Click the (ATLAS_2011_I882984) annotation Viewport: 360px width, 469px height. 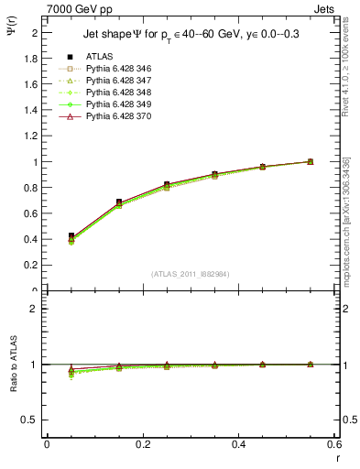pos(190,273)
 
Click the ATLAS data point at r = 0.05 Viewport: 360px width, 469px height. pos(71,236)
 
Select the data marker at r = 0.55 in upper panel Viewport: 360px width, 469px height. pos(310,161)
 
